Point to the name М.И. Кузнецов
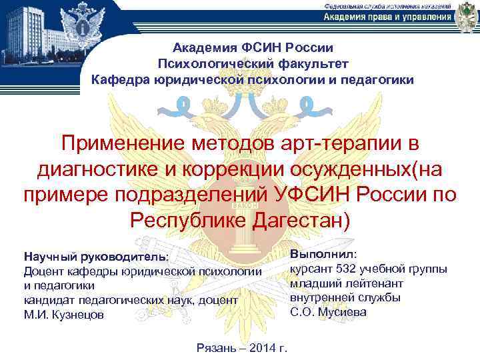63,315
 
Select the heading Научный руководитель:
96,257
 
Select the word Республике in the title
189,219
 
